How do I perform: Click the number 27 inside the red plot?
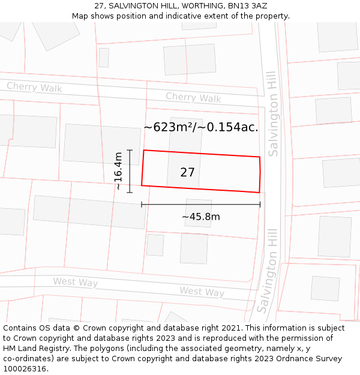[187, 173]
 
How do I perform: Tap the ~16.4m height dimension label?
[118, 171]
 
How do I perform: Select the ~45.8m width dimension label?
[201, 217]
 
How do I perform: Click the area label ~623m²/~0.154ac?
[201, 127]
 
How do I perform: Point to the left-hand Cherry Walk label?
[34, 88]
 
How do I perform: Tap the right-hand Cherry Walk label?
[193, 97]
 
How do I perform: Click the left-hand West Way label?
[75, 282]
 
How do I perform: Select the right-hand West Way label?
[202, 292]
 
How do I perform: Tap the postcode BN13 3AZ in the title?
[247, 6]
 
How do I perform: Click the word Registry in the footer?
[64, 348]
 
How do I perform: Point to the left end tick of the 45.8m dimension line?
[142, 205]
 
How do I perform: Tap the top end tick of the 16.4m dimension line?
[130, 150]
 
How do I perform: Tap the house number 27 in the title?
[99, 6]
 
